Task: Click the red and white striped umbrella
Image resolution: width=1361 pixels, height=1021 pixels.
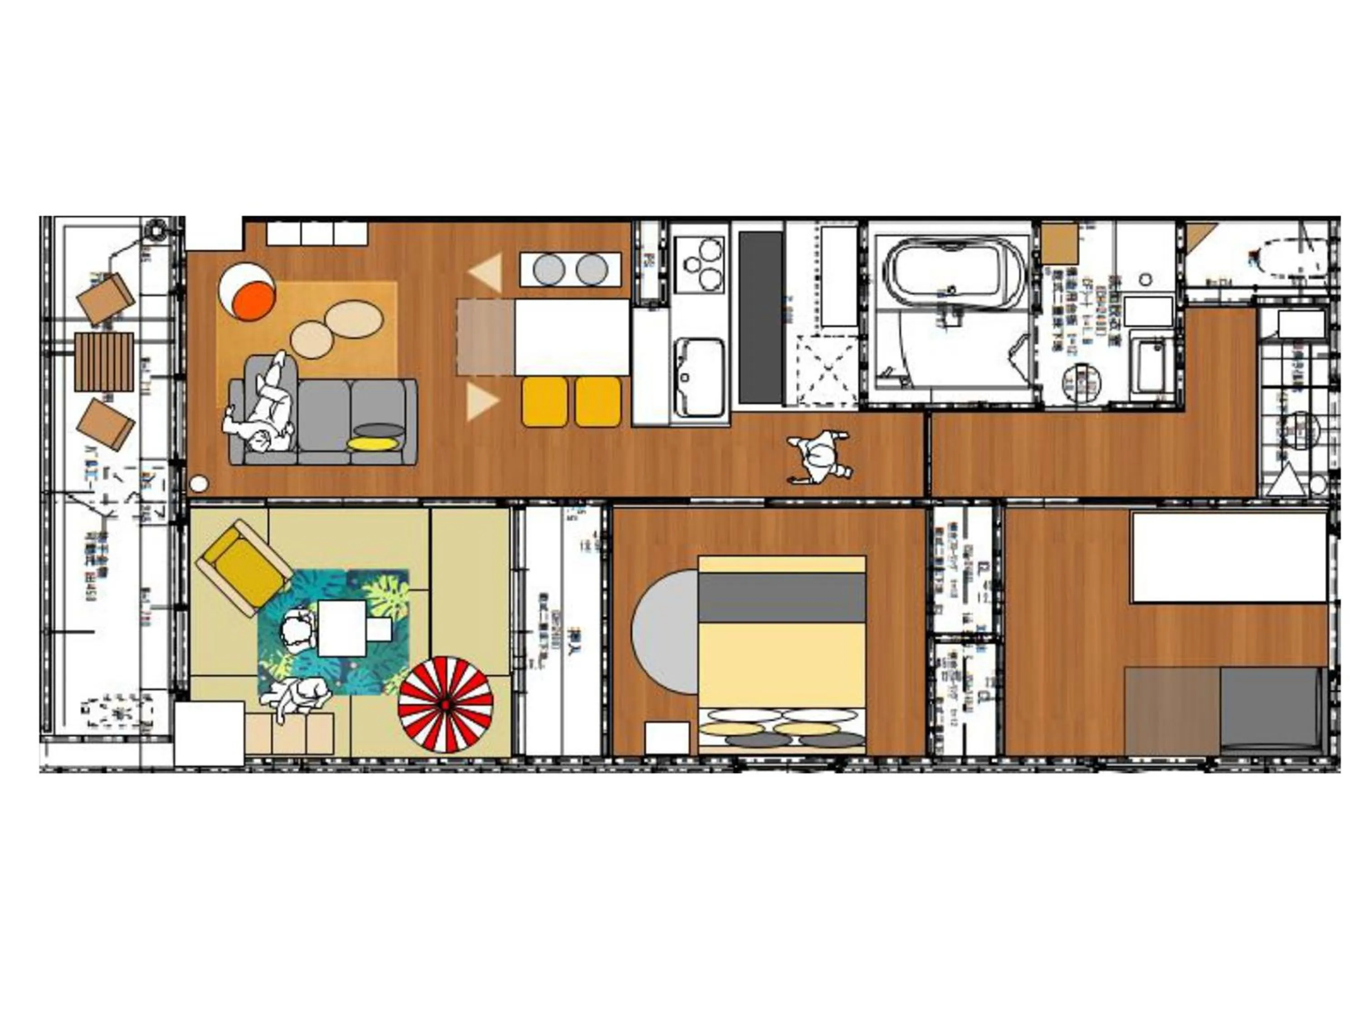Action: tap(446, 705)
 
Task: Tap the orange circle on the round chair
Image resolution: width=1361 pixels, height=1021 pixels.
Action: tap(256, 302)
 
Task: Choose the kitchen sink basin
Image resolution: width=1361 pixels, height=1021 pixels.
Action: tap(700, 376)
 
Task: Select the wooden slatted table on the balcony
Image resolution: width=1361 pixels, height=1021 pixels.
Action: tap(104, 362)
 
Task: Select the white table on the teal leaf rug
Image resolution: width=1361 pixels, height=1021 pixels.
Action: tap(342, 628)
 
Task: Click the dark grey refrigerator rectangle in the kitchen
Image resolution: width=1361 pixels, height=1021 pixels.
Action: tap(760, 318)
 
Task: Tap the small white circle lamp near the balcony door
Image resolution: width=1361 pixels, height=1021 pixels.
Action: tap(199, 484)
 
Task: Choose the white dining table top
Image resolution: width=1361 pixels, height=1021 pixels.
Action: tap(572, 337)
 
